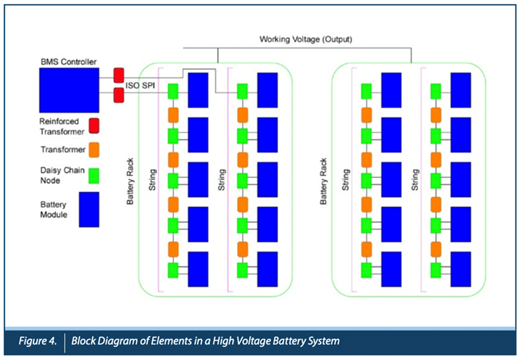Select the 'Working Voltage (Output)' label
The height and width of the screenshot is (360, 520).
point(306,39)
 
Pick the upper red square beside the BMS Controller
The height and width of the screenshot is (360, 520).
point(119,74)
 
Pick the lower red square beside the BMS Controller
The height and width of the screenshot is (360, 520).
point(119,96)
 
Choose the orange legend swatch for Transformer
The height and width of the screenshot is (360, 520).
point(94,150)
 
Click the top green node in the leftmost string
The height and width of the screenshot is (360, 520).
point(173,92)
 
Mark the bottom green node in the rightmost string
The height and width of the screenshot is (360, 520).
point(435,270)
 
